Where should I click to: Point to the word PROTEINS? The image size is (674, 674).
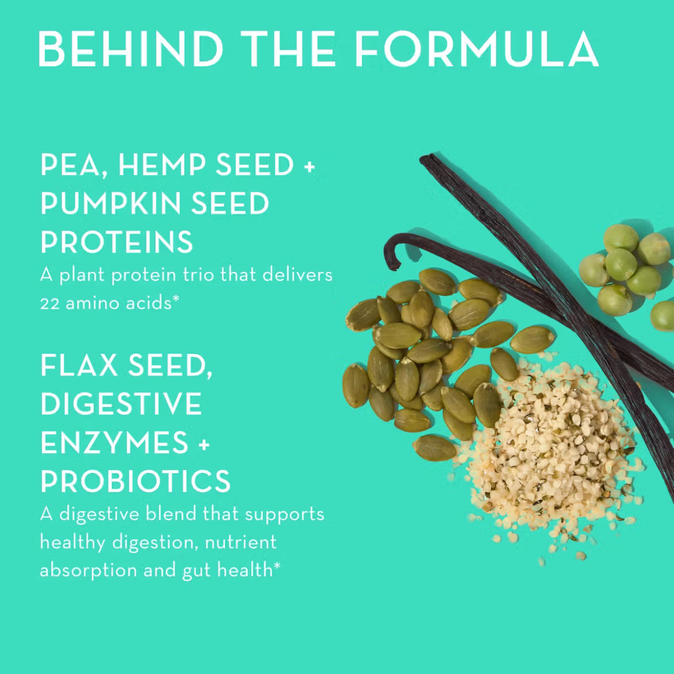click(x=117, y=242)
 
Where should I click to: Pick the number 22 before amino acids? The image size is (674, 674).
click(x=50, y=303)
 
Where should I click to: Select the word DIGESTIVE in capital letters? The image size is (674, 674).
click(x=121, y=404)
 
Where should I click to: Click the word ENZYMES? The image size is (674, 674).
click(x=115, y=443)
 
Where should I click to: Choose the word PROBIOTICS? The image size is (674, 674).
click(x=135, y=482)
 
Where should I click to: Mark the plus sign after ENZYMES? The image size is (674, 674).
click(x=204, y=445)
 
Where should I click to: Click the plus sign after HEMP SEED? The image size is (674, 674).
click(x=309, y=167)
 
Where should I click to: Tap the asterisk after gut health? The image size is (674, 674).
click(x=277, y=566)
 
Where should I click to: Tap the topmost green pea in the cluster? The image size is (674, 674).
click(x=620, y=237)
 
